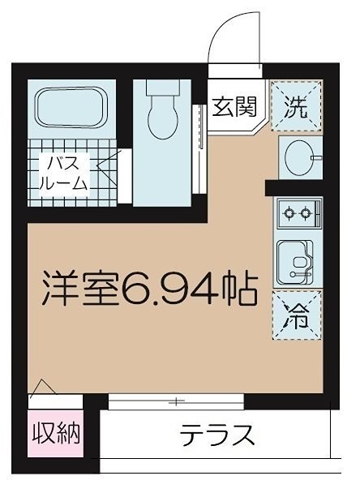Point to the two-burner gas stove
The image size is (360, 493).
[295, 215]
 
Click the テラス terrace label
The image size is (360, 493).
[216, 435]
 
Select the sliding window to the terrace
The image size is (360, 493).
[175, 401]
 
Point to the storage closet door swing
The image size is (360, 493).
[45, 390]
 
